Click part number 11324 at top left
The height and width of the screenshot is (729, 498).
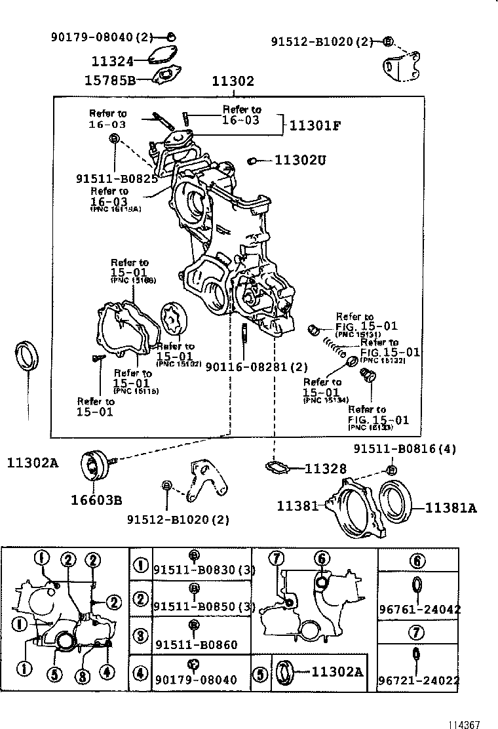[x=112, y=62]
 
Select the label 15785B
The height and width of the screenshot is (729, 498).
[x=109, y=80]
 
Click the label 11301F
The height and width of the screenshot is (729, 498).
[x=316, y=125]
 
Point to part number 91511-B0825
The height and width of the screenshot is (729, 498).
[x=116, y=178]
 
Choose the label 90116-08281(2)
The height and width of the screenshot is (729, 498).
[x=257, y=367]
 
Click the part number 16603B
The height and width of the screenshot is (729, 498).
[x=97, y=501]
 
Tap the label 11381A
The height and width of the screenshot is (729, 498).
[x=451, y=507]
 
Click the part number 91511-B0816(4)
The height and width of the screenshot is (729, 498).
[x=405, y=449]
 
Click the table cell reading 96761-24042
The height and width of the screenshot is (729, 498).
[x=419, y=609]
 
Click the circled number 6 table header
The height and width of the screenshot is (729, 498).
[x=418, y=561]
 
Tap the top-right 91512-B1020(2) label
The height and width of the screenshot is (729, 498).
[x=321, y=42]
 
